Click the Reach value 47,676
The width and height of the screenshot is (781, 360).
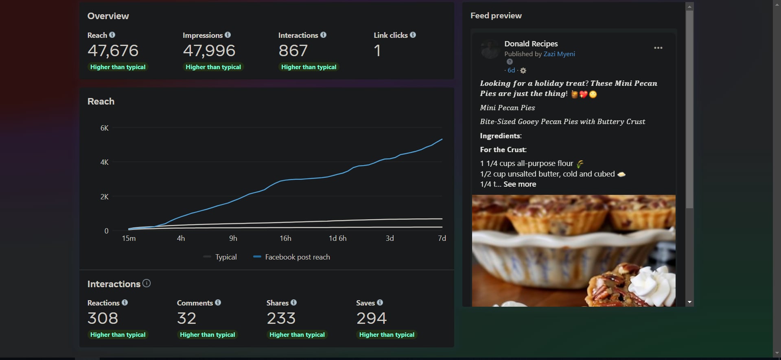click(113, 51)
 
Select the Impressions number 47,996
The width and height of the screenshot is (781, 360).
click(209, 51)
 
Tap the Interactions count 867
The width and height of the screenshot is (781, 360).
click(293, 51)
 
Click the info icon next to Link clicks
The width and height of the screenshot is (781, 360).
click(413, 35)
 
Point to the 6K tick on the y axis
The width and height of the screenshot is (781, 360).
click(105, 128)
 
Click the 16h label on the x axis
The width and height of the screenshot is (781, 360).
click(285, 238)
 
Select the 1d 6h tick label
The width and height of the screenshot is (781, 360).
click(338, 238)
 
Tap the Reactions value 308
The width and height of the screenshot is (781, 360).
click(103, 318)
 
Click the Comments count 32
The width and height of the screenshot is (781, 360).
click(187, 318)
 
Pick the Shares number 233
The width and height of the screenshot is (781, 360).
click(281, 318)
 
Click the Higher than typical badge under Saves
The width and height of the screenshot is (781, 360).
click(387, 335)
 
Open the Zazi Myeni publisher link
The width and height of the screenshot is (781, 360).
click(559, 54)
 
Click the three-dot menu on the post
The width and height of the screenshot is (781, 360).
click(658, 48)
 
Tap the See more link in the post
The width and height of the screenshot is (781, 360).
click(520, 184)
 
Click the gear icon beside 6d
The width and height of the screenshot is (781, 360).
click(523, 71)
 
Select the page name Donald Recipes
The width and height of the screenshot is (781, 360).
click(531, 44)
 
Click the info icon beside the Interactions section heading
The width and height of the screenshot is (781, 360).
click(147, 283)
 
